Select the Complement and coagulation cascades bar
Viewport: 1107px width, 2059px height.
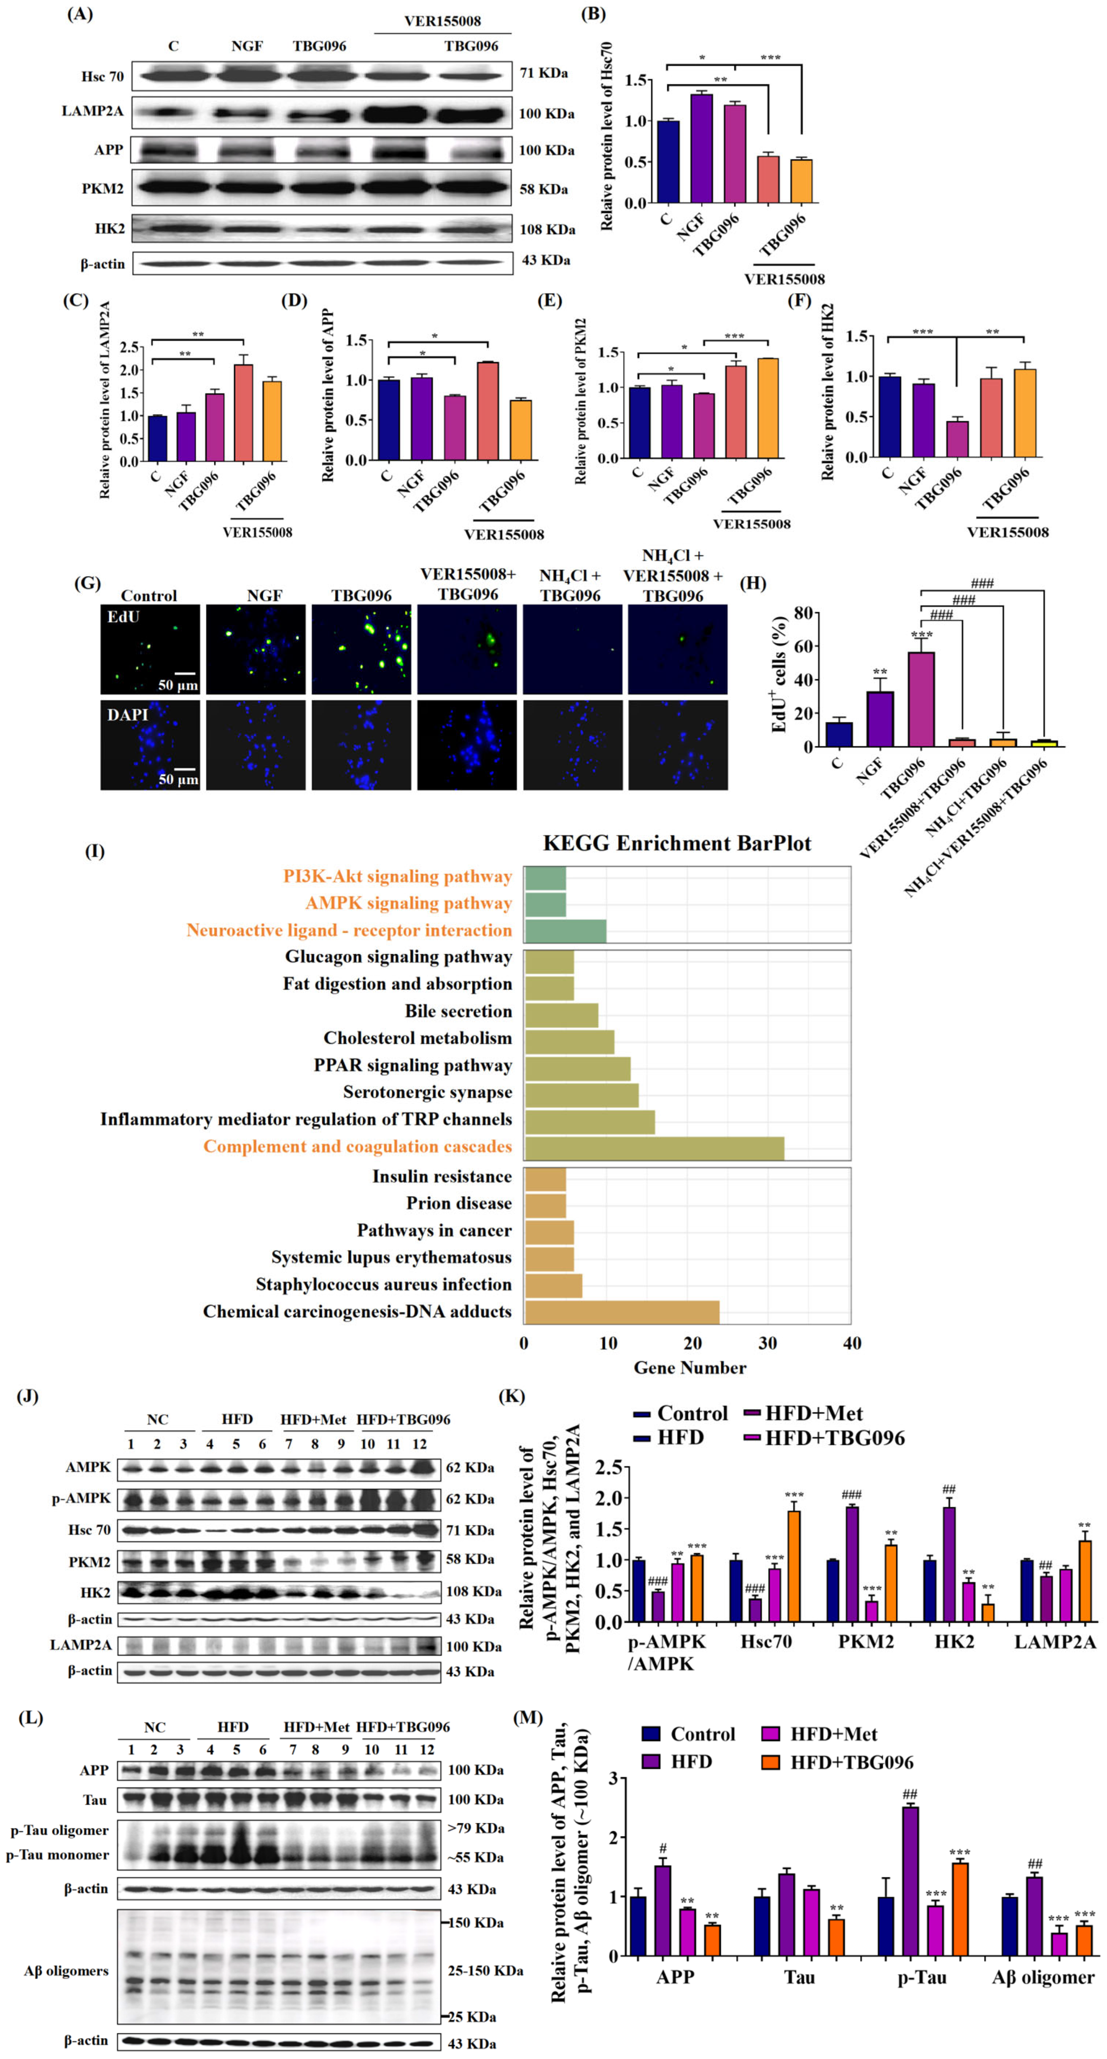coord(654,1146)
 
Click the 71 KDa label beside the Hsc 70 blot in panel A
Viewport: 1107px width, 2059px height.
coord(544,74)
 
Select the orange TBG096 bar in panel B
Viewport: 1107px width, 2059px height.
coord(801,181)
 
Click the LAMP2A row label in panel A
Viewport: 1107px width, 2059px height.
coord(93,111)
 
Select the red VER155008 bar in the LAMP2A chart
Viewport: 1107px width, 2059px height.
coord(243,412)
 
